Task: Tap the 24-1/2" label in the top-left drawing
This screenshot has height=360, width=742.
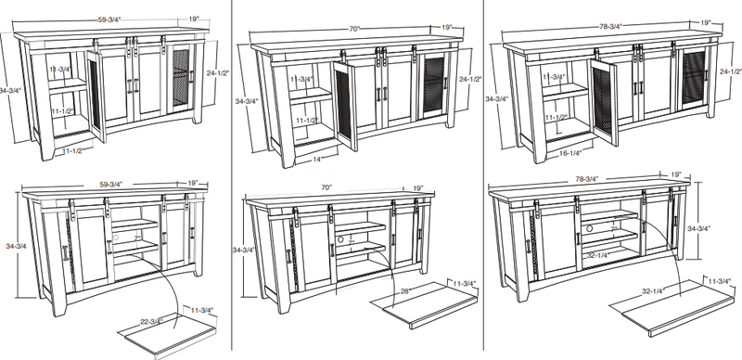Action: [x=216, y=71]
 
